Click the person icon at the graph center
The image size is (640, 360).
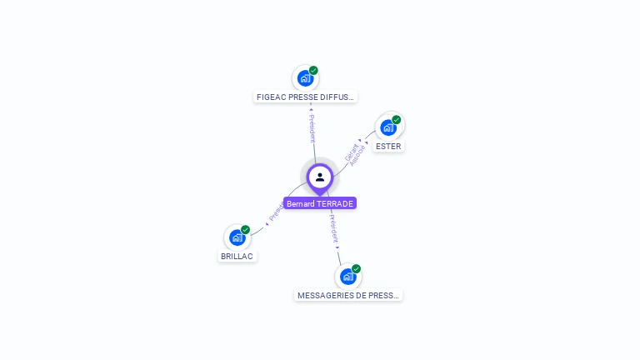tap(320, 177)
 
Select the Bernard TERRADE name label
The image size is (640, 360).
tap(320, 203)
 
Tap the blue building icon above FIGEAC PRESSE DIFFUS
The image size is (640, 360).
tap(305, 78)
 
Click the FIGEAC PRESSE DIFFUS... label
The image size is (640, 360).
tap(305, 97)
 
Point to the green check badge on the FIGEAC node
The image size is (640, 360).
tap(313, 70)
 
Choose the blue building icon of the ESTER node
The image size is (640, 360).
tap(387, 127)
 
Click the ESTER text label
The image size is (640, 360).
tap(388, 146)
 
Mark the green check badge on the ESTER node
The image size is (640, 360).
tap(397, 120)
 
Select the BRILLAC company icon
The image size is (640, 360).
tap(237, 237)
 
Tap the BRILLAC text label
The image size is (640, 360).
tap(237, 256)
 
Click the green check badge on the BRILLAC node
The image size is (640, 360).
tap(245, 229)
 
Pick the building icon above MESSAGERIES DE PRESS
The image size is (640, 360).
tap(347, 277)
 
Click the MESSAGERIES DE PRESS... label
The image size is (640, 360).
tap(348, 295)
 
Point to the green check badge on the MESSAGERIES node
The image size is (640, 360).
tap(356, 269)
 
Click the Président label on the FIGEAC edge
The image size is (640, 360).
tap(312, 125)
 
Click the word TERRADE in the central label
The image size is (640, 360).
tap(336, 203)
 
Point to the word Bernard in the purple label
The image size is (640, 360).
tap(301, 203)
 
